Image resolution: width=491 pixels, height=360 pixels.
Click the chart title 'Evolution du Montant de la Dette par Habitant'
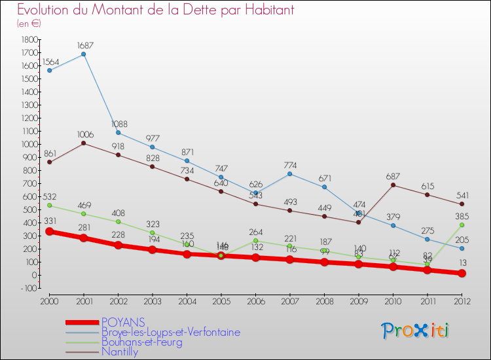(x=155, y=10)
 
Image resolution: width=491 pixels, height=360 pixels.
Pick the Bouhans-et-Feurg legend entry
(x=141, y=342)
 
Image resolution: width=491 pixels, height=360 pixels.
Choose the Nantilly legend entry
(x=120, y=351)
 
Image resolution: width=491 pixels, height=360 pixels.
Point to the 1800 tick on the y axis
(x=29, y=39)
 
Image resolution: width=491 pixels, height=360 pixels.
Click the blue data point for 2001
(x=84, y=54)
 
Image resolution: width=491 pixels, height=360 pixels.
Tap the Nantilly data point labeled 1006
(x=84, y=143)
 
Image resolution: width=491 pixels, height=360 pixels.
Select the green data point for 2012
(x=462, y=225)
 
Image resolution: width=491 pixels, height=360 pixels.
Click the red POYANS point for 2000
(x=49, y=232)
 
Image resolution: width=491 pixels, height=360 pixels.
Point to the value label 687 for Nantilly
(x=393, y=176)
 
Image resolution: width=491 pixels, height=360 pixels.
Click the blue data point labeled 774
(x=290, y=173)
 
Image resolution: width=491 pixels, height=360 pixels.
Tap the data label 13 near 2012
(x=463, y=263)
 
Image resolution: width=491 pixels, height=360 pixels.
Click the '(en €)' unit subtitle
(x=29, y=24)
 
